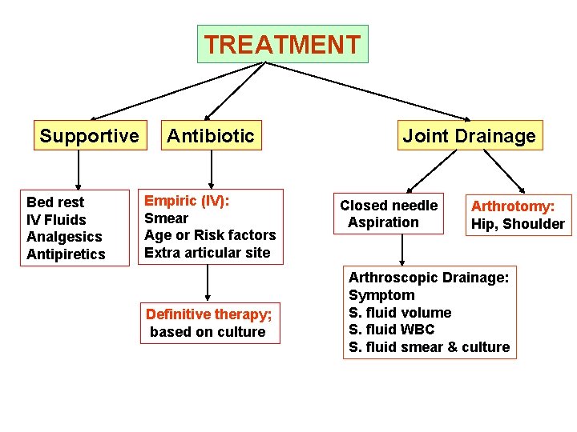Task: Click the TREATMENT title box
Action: tap(282, 44)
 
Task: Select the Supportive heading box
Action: tap(89, 136)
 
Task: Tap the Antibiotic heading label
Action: tap(210, 136)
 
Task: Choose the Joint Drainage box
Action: tap(469, 136)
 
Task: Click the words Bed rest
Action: tap(55, 202)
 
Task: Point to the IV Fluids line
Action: tap(56, 220)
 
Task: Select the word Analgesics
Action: tap(64, 237)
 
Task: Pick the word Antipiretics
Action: tap(66, 254)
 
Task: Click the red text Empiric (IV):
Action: tap(187, 201)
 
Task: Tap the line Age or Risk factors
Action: tap(210, 235)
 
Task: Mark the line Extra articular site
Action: tap(208, 253)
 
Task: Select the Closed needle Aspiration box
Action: tap(389, 214)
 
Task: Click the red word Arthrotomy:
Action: tap(513, 206)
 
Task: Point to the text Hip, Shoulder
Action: tap(518, 224)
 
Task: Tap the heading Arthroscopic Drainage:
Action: tap(429, 278)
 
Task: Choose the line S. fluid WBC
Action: tap(392, 330)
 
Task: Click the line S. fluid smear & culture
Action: tap(429, 347)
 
